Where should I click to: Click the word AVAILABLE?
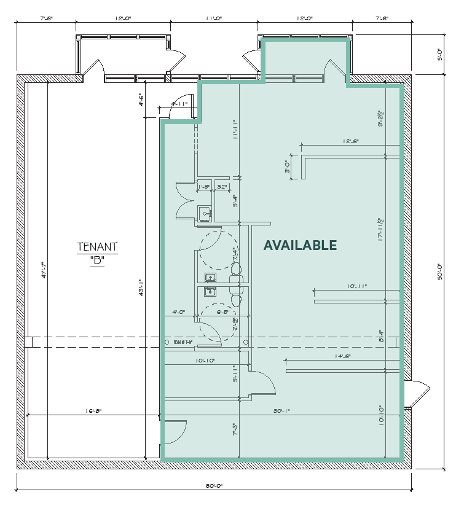coord(300,245)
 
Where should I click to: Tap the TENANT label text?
coord(97,248)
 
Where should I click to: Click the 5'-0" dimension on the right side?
coord(439,55)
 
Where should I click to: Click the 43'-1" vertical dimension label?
coord(141,287)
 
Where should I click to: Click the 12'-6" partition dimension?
coord(350,141)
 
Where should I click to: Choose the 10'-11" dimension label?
coord(357,286)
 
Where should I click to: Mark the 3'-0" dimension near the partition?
coord(286,166)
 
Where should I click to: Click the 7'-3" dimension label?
coord(234,428)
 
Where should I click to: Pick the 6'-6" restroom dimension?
coord(223,312)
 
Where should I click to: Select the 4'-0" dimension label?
coord(179,312)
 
